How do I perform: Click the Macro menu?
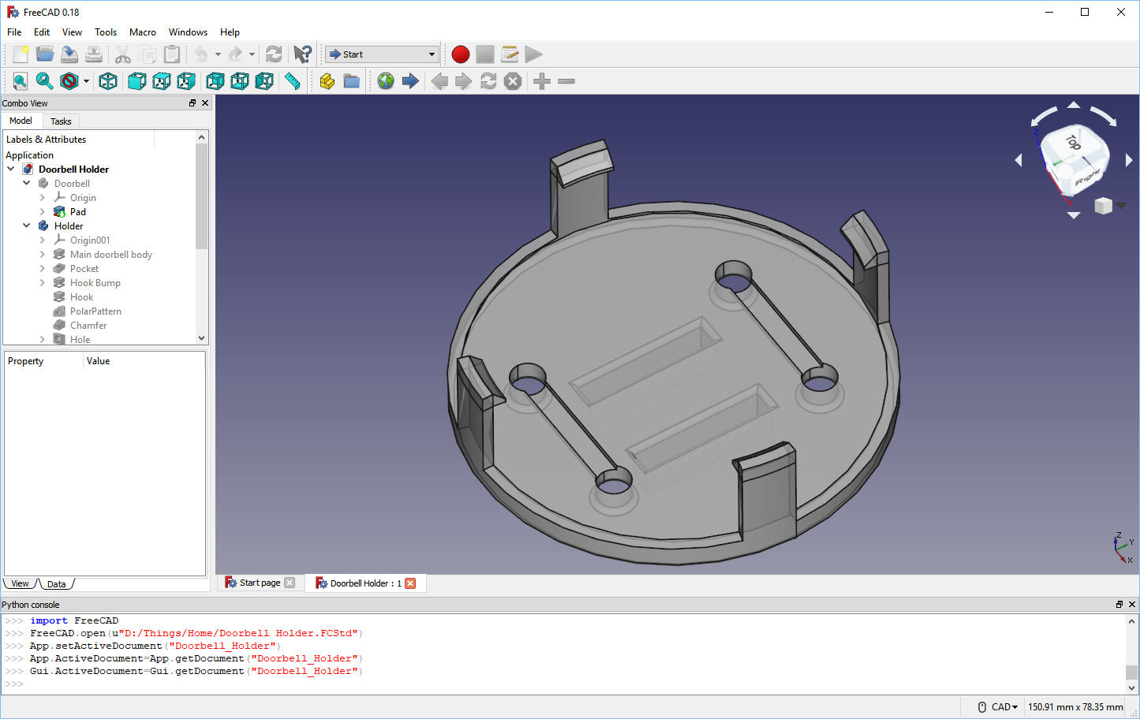142,32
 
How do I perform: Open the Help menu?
230,32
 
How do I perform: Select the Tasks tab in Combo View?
61,121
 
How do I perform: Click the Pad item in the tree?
77,212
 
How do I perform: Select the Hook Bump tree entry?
95,283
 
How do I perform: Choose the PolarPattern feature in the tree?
95,311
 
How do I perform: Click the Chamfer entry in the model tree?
88,326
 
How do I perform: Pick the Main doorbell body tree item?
110,255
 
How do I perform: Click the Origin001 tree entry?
90,240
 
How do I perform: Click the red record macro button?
461,54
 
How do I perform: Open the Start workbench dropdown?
382,54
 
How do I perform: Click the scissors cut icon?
123,54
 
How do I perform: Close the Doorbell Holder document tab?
410,583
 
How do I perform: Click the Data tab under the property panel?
57,584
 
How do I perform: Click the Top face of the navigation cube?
1072,143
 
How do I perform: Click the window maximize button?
1085,12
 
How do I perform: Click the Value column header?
99,361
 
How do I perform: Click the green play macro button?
534,54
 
